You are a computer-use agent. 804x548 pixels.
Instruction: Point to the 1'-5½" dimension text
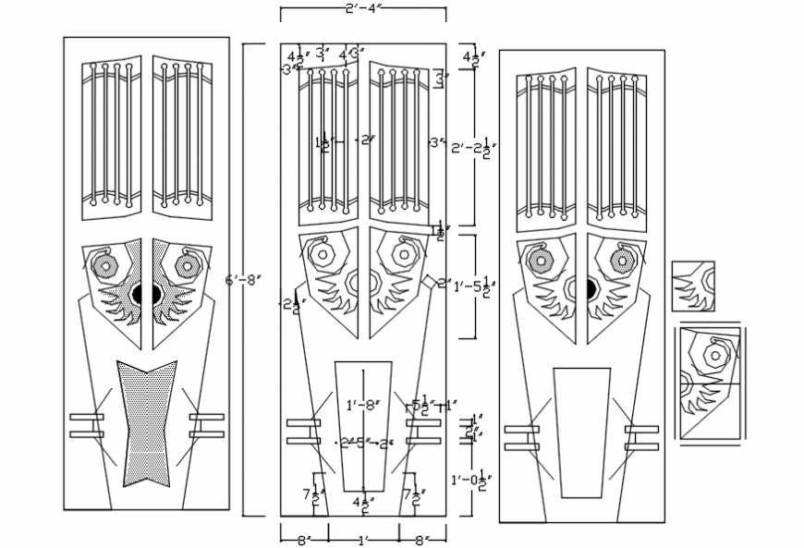[475, 286]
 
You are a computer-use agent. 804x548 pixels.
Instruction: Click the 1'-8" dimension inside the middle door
[361, 405]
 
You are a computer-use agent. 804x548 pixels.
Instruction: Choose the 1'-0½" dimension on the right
[470, 480]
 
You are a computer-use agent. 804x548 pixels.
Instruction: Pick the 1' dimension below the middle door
[364, 539]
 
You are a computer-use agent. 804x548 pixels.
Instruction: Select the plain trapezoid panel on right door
[581, 431]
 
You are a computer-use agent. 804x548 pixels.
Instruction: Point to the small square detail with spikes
[692, 286]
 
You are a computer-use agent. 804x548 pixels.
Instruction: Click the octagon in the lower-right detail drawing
[717, 353]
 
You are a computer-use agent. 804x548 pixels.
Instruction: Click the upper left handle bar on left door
[86, 418]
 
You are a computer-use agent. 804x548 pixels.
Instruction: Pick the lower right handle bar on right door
[641, 446]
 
